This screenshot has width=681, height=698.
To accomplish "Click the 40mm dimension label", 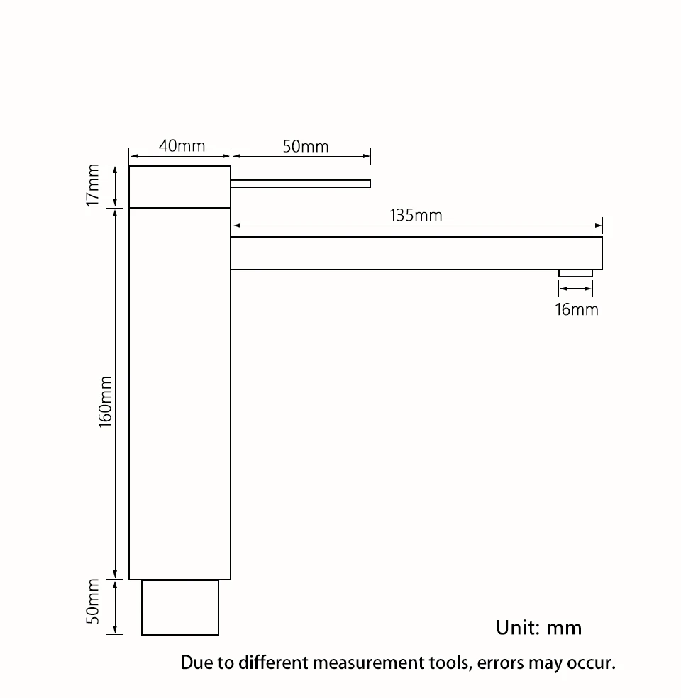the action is (x=182, y=146).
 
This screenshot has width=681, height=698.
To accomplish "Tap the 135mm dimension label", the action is (x=416, y=216).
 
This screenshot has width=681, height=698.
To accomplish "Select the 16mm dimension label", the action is (x=577, y=309).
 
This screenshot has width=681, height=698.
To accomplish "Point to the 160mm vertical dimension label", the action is (x=105, y=402).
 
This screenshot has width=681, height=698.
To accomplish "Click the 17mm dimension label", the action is (x=92, y=185).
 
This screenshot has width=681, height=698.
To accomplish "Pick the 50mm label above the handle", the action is (x=306, y=146).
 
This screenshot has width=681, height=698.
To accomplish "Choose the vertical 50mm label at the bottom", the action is (x=92, y=601).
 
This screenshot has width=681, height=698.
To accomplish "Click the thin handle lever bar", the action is (x=301, y=184).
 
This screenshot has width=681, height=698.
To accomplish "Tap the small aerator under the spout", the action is (x=575, y=273).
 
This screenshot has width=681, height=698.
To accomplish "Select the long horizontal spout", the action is (x=416, y=253).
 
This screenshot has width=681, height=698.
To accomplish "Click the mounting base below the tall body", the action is (x=180, y=607).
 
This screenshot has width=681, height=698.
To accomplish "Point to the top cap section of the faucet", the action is (x=179, y=187).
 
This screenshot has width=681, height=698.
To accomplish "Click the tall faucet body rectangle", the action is (x=179, y=394).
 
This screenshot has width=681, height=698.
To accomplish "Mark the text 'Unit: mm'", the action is (x=538, y=628).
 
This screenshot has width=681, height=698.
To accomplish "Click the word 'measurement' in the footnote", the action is (x=369, y=663).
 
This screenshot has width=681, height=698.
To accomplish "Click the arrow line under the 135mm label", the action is (x=417, y=226).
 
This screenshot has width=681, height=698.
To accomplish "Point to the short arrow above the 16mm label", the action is (x=575, y=289).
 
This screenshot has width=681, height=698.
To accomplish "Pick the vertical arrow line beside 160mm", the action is (x=116, y=394).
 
